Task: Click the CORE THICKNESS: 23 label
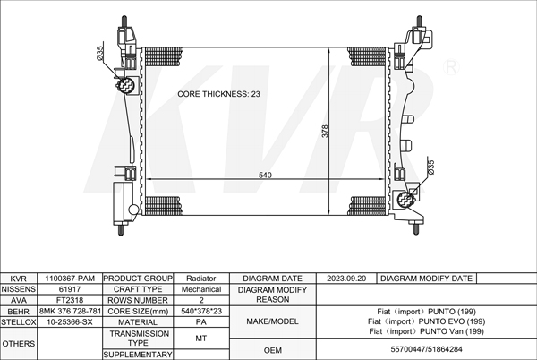tap(218, 94)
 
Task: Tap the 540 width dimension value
tap(265, 175)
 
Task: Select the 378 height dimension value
tap(325, 131)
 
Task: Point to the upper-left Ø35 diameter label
tap(99, 54)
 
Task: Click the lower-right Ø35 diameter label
tap(430, 167)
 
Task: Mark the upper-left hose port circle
tap(125, 85)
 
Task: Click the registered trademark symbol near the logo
tap(451, 67)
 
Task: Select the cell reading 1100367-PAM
tap(70, 279)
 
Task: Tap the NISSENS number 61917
tap(70, 289)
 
